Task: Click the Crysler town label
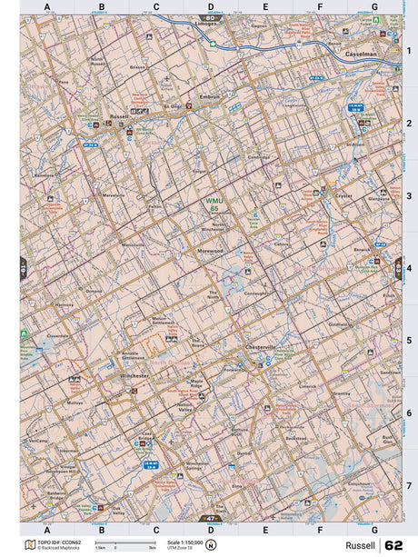coord(342,196)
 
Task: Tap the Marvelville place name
coord(114,195)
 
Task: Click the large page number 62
coord(393,545)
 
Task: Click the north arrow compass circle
coord(211,545)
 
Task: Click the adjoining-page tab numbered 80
coord(211,17)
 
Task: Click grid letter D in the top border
coord(211,6)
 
